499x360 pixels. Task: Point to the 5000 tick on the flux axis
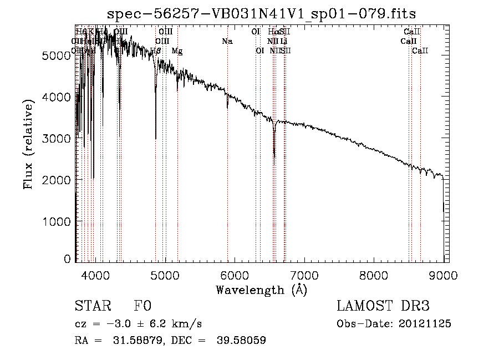pyautogui.click(x=57, y=55)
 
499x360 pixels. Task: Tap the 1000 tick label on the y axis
pyautogui.click(x=57, y=221)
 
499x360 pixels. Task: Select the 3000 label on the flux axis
pyautogui.click(x=57, y=138)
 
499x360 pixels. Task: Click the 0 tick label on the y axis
pyautogui.click(x=67, y=259)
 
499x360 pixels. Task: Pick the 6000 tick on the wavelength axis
pyautogui.click(x=235, y=273)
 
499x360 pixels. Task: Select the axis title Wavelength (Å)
pyautogui.click(x=261, y=290)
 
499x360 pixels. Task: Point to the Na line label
pyautogui.click(x=227, y=41)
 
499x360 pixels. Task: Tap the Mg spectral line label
pyautogui.click(x=177, y=50)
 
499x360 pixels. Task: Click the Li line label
pyautogui.click(x=283, y=41)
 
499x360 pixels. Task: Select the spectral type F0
pyautogui.click(x=142, y=306)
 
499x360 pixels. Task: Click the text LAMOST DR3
pyautogui.click(x=383, y=306)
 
